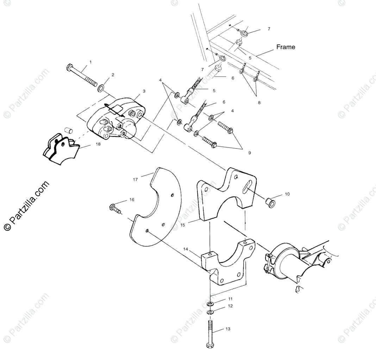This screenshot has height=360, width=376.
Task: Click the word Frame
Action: click(x=286, y=47)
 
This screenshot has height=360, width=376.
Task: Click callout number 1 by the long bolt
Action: click(x=90, y=62)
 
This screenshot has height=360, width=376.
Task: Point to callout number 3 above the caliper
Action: click(x=144, y=91)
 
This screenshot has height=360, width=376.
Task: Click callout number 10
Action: click(x=287, y=194)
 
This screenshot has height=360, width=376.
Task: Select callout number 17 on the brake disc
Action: click(x=135, y=179)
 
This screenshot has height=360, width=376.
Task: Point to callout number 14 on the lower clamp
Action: click(x=186, y=248)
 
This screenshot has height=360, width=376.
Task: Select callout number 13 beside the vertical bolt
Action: click(x=228, y=329)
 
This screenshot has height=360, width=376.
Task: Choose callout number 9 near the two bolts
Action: click(x=250, y=153)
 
